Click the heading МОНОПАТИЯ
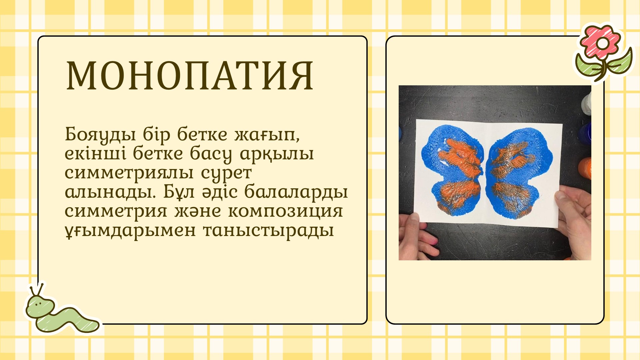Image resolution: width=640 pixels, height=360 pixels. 189,76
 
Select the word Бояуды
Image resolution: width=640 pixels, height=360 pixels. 100,135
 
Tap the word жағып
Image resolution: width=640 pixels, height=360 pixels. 267,135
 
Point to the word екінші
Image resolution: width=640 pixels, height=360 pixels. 95,153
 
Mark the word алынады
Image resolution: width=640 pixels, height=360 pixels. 110,192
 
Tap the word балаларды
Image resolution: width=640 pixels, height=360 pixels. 296,192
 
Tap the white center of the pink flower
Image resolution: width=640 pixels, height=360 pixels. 603,43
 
